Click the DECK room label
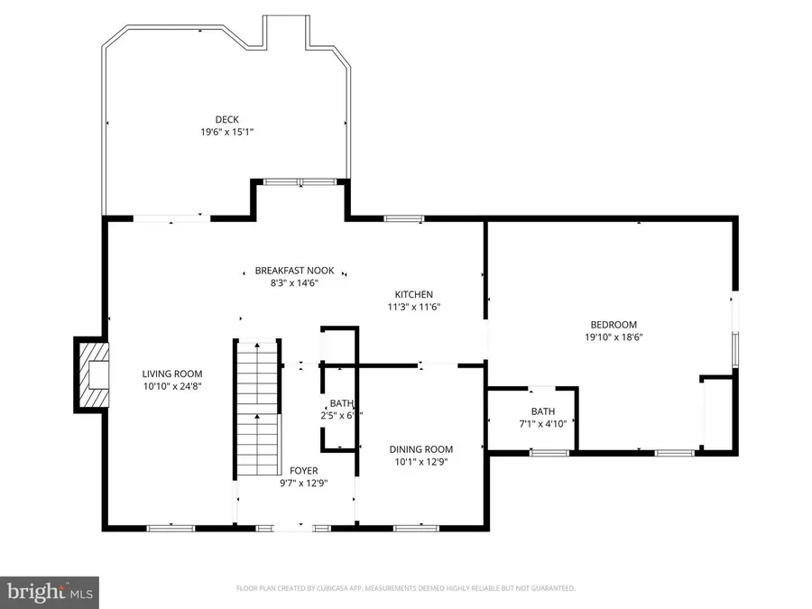click(226, 119)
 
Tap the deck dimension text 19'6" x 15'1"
click(226, 132)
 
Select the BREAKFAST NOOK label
click(294, 271)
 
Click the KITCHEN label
click(414, 294)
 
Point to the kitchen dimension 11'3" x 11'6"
click(414, 307)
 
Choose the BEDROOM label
click(614, 325)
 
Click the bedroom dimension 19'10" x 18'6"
click(614, 337)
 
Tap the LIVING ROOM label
click(171, 374)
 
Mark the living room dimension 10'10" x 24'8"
click(171, 386)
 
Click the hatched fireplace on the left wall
click(91, 374)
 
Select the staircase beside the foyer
click(257, 408)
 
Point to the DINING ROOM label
click(421, 449)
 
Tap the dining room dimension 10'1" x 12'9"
click(421, 462)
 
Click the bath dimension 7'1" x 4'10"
click(543, 423)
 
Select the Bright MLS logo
click(50, 592)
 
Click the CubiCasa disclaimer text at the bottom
click(405, 588)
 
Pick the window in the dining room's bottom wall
click(410, 527)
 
